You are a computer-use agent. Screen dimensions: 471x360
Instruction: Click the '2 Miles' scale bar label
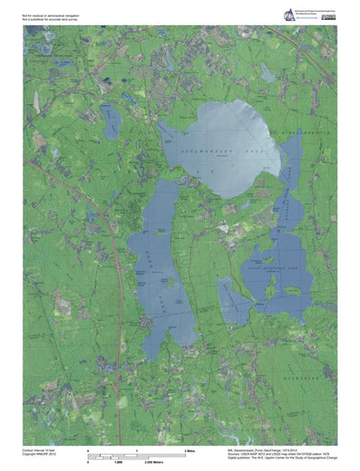coord(190,448)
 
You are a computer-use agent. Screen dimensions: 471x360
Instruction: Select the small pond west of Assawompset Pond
coord(111,121)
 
